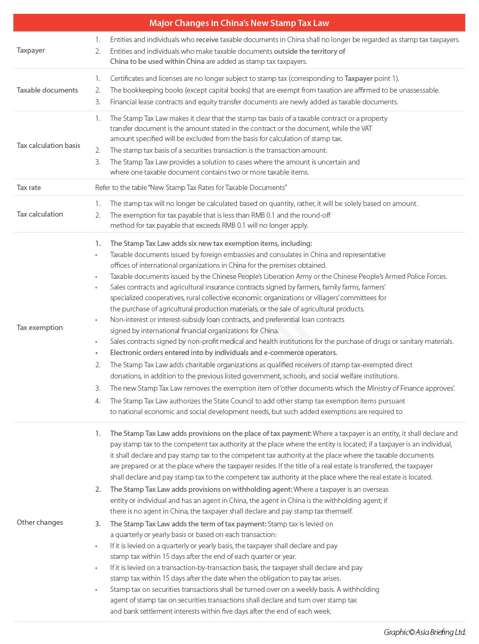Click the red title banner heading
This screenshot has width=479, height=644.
click(239, 23)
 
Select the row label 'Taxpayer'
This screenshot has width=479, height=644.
click(31, 51)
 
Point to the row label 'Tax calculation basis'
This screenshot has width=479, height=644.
click(48, 145)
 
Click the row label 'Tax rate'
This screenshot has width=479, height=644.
click(29, 187)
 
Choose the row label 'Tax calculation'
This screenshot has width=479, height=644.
click(40, 214)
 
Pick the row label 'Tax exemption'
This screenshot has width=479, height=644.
click(39, 327)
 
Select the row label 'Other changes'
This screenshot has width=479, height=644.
click(39, 522)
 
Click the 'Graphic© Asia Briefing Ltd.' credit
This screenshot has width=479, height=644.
click(424, 632)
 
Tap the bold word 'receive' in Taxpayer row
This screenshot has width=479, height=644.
click(207, 40)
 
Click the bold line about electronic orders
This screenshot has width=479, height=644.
click(224, 352)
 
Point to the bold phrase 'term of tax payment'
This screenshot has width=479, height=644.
click(232, 524)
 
